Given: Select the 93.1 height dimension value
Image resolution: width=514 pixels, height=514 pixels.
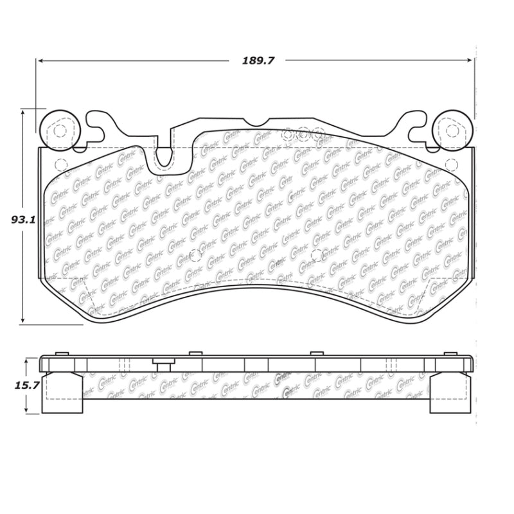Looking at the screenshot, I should [22, 219].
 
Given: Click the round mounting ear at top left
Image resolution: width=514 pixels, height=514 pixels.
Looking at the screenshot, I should [60, 130].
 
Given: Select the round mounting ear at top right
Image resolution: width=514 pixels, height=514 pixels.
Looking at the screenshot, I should [454, 130].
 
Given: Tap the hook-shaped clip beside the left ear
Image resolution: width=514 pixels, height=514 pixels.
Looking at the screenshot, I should [95, 125].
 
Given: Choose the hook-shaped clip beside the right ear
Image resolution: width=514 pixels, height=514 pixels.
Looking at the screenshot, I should [418, 125].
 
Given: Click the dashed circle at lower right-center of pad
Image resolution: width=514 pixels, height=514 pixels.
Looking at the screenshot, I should [315, 255].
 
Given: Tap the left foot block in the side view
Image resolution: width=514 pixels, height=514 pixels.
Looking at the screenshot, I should [62, 393].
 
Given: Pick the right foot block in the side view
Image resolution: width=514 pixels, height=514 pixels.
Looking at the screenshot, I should [452, 393].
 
